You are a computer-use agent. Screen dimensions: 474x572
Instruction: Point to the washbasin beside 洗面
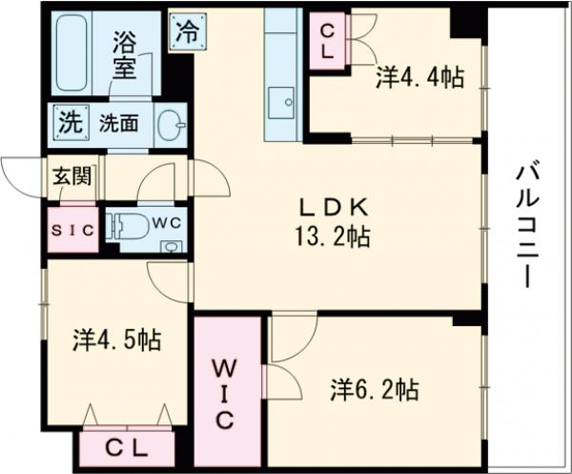[170, 124]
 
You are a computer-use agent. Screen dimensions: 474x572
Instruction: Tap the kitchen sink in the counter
[281, 102]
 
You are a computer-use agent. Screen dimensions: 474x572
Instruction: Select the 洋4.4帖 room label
[419, 79]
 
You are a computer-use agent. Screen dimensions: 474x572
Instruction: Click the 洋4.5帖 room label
[116, 340]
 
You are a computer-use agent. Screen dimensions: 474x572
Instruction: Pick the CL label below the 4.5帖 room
[125, 445]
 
